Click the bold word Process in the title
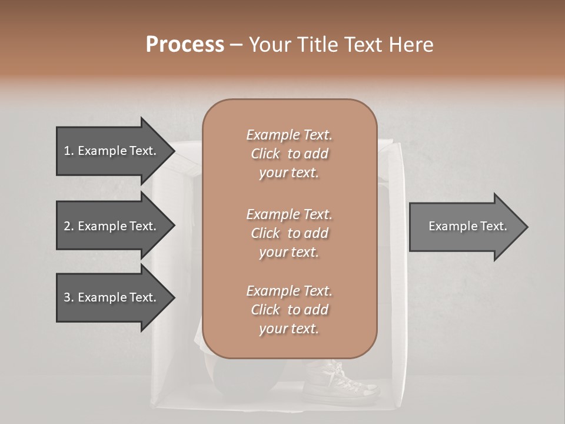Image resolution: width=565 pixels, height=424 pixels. click(x=185, y=45)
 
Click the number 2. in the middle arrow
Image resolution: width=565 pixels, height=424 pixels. click(x=68, y=226)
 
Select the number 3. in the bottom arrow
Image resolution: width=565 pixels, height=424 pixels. click(x=68, y=298)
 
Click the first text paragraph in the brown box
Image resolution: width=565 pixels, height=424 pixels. click(x=289, y=154)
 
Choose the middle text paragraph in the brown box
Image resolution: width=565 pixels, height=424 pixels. click(x=289, y=233)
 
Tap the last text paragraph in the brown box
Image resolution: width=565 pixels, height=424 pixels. click(x=289, y=310)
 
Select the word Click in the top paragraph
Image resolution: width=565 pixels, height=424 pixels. click(x=265, y=154)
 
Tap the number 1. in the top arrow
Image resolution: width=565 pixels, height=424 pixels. click(x=68, y=151)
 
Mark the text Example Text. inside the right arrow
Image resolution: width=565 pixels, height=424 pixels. click(x=468, y=226)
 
